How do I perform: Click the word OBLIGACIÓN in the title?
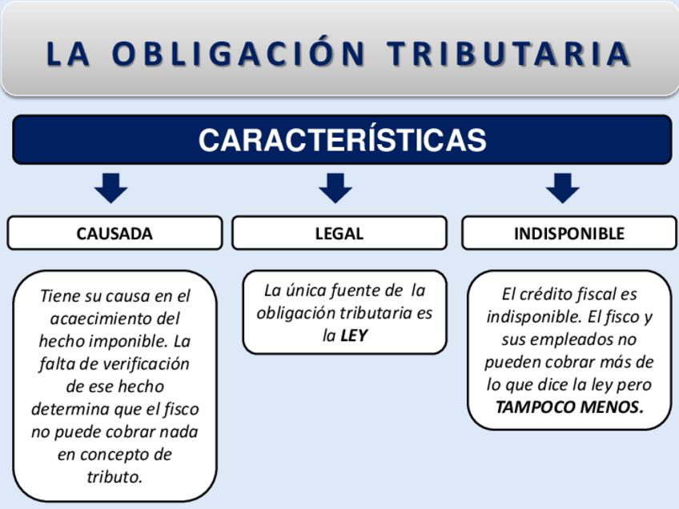click(x=237, y=54)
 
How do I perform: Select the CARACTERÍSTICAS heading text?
click(x=342, y=140)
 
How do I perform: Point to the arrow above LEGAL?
click(x=335, y=188)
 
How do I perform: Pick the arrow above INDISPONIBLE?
click(x=562, y=188)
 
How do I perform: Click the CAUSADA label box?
click(x=115, y=234)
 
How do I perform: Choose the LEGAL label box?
click(x=339, y=234)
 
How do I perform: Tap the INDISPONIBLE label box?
click(x=569, y=234)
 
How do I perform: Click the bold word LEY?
click(x=354, y=336)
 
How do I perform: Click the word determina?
click(x=71, y=410)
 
